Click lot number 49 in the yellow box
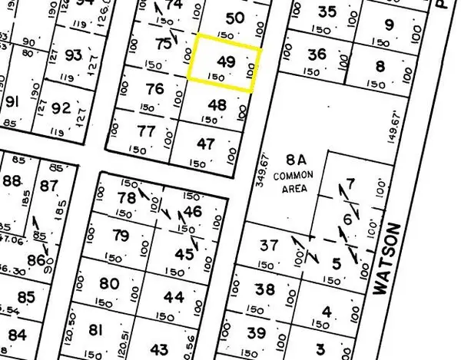coord(226,62)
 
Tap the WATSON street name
coord(388,259)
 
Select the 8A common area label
coord(297,160)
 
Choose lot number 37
coord(268,246)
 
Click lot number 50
coord(237,18)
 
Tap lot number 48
coord(217,105)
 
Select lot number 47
coord(205,144)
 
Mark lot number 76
coord(155,89)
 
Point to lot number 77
coord(147,130)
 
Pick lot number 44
coord(174,297)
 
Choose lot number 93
coord(74,54)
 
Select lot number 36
coord(316,54)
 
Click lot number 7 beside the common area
coord(351,183)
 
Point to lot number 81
coord(96,331)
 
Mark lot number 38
coord(265,289)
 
